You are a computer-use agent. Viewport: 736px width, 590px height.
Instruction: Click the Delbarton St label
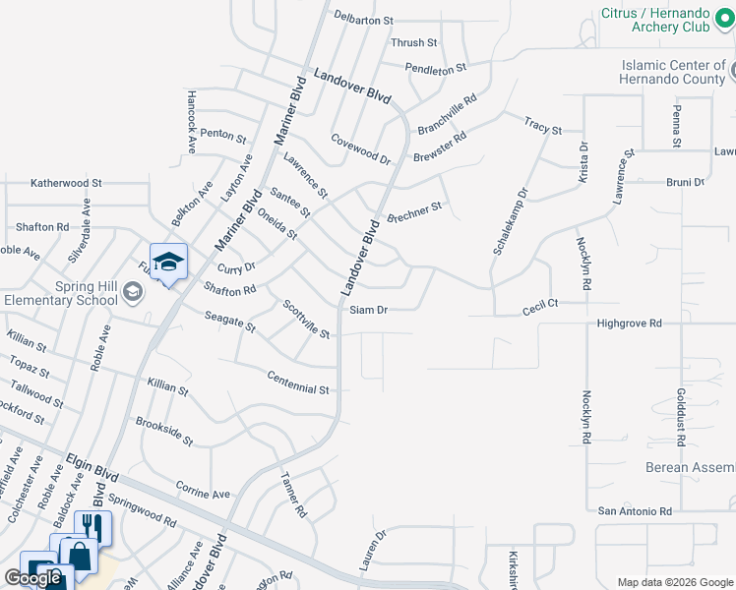coord(363,19)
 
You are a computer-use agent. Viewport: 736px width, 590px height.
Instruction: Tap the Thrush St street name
coord(413,43)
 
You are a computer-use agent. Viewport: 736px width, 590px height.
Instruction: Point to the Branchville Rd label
coord(447,114)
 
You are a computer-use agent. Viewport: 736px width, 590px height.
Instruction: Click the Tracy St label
coord(542,127)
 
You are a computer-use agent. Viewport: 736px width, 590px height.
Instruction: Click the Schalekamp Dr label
coord(509,221)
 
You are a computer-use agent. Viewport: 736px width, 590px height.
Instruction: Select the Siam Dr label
coord(369,310)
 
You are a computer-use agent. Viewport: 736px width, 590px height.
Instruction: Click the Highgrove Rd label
coord(629,323)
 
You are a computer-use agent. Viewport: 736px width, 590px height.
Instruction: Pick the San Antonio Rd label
coord(635,511)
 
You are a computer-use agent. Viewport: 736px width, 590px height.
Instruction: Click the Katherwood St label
coord(66,183)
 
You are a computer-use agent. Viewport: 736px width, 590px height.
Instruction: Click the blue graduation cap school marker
coord(168,262)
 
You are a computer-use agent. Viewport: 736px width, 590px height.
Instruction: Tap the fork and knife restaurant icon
coord(92,526)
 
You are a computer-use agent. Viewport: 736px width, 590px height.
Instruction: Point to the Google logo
coord(32,578)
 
